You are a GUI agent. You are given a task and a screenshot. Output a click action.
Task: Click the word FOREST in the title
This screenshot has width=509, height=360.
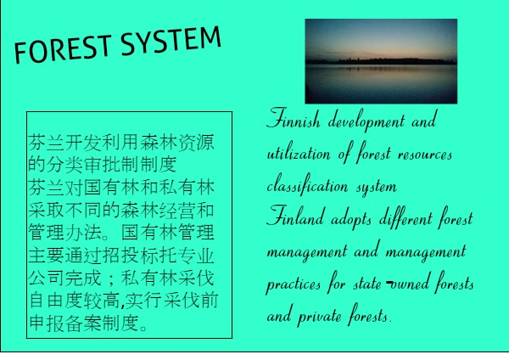click(x=63, y=48)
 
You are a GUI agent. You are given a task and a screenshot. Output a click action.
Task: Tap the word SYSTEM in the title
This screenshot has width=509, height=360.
click(x=171, y=41)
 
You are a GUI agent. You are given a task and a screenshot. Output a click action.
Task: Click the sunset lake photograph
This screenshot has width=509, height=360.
click(x=381, y=61)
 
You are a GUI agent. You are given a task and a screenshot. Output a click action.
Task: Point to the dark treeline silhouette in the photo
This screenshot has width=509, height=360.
click(x=381, y=61)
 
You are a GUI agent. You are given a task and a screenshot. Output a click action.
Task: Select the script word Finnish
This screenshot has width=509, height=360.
click(x=294, y=119)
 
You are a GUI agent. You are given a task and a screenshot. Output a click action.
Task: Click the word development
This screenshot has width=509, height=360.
click(x=366, y=121)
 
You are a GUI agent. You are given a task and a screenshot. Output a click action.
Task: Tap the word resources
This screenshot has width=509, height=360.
click(x=425, y=155)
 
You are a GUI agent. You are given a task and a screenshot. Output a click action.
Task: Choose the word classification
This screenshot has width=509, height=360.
click(x=307, y=184)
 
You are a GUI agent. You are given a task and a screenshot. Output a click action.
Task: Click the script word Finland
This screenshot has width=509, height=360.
click(x=295, y=216)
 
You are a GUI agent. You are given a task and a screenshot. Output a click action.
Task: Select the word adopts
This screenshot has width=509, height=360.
click(x=351, y=219)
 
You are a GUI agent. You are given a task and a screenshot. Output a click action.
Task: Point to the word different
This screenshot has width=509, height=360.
click(x=406, y=217)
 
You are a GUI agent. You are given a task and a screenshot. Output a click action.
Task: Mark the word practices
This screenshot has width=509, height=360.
click(x=294, y=284)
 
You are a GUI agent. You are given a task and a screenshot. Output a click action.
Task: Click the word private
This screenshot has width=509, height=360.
click(x=320, y=316)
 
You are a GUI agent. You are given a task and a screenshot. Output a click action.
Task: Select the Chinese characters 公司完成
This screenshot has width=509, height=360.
click(x=64, y=278)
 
